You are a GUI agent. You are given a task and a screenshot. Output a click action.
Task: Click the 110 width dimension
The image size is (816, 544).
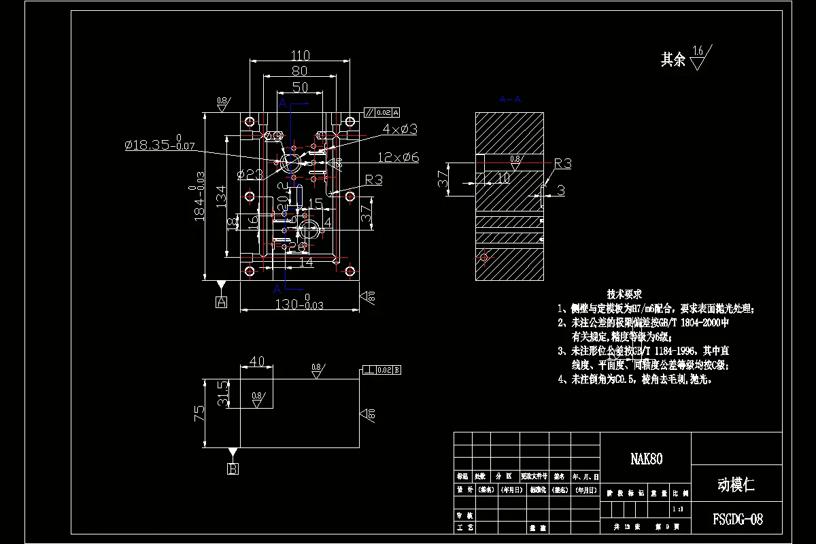click(x=300, y=56)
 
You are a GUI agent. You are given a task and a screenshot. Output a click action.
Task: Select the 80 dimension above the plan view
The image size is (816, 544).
click(x=300, y=71)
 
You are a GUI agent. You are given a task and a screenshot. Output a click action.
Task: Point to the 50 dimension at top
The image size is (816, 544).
click(x=300, y=87)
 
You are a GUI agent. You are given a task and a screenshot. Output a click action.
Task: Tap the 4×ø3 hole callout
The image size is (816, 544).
click(x=399, y=129)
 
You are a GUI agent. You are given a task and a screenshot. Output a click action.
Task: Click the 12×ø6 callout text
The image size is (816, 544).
click(x=399, y=157)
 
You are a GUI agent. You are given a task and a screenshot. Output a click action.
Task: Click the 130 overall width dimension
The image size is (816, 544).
click(x=299, y=304)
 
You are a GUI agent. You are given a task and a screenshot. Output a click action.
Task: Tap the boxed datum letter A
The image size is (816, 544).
click(x=220, y=303)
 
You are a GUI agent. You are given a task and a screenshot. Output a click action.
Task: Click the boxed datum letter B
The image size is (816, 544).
click(x=233, y=469)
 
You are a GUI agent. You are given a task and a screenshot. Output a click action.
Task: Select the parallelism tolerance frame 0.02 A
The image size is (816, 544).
click(x=381, y=112)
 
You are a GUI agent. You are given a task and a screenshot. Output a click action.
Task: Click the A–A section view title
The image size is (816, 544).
click(x=509, y=99)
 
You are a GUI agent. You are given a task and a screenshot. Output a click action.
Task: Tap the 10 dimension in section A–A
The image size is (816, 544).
click(x=503, y=178)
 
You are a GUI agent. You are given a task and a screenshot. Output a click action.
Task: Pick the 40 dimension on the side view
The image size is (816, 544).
click(x=257, y=362)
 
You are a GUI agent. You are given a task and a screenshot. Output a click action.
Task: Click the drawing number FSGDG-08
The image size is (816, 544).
click(x=737, y=520)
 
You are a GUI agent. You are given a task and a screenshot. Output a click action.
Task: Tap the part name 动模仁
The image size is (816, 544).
click(x=736, y=485)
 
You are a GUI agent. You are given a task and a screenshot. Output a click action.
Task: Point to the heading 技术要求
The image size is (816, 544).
click(x=624, y=294)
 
